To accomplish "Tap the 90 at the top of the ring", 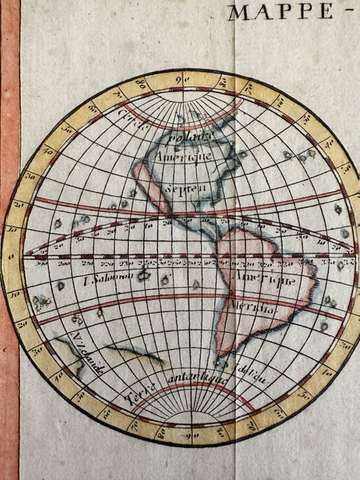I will pos(183,79).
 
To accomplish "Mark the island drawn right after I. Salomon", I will pos(145,276).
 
